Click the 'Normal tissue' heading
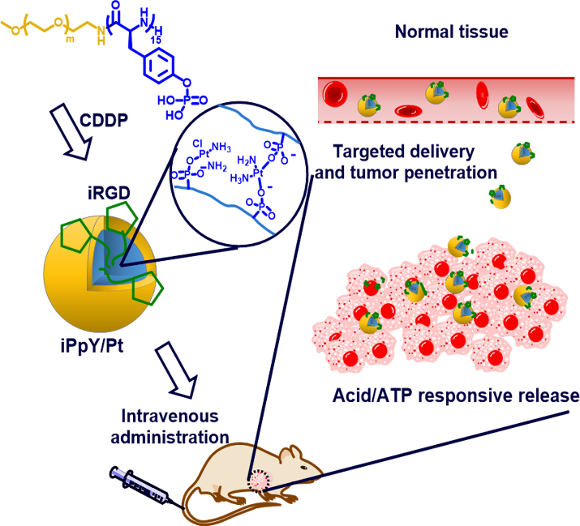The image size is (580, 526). (450, 33)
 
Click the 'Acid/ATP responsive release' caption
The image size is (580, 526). (455, 396)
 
